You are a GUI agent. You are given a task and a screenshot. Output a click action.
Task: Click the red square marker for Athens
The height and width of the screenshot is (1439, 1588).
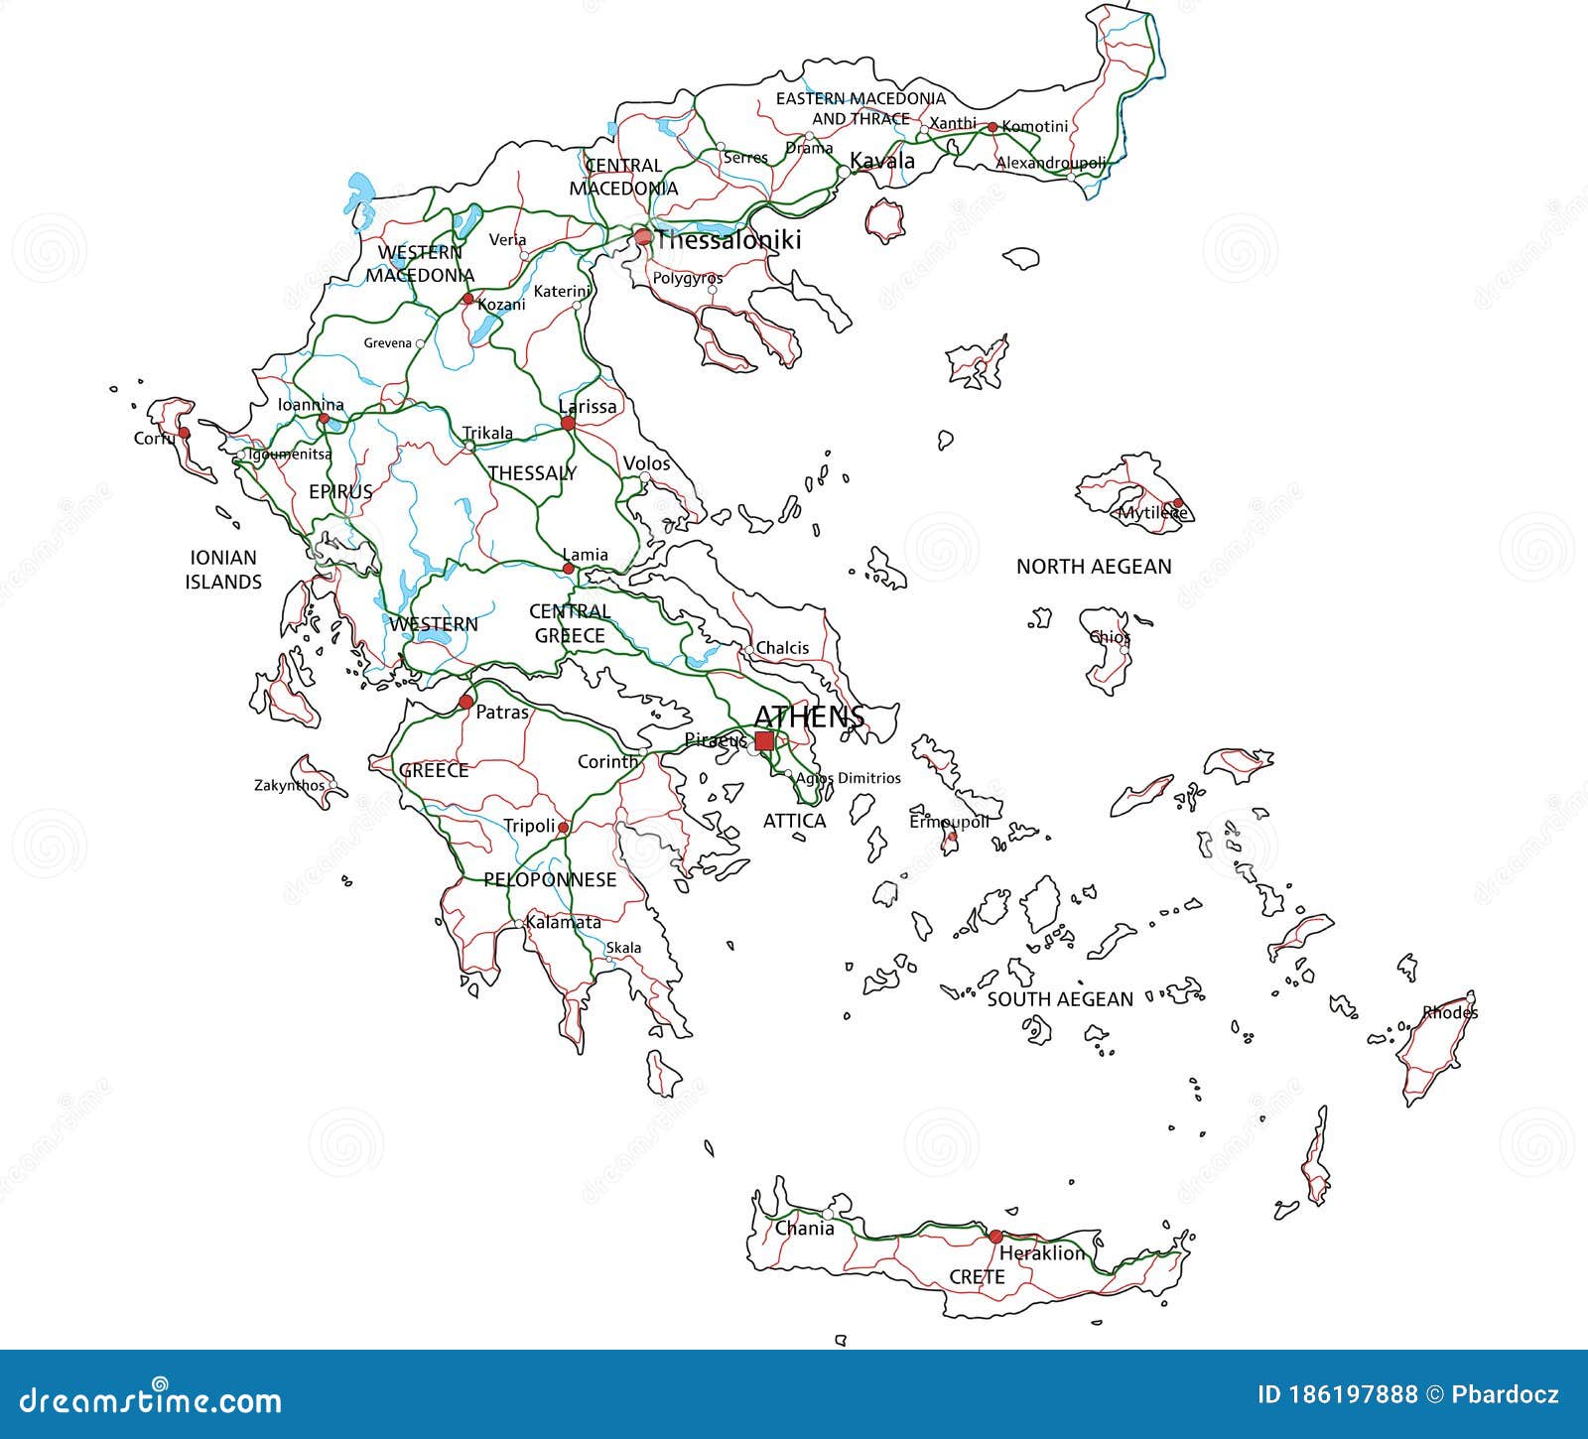[x=764, y=741]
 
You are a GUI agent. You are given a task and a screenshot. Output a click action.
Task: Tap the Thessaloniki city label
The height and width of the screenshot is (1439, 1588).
[x=728, y=240]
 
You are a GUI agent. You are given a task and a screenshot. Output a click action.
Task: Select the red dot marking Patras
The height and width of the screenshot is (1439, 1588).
[x=465, y=703]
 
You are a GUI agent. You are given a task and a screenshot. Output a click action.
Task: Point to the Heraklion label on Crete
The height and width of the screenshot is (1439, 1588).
[x=1042, y=1253]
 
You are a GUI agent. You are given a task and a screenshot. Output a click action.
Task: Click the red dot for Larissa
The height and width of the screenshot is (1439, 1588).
[x=568, y=424]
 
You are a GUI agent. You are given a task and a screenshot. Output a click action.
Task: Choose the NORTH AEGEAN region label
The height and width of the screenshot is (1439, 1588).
[x=1094, y=567]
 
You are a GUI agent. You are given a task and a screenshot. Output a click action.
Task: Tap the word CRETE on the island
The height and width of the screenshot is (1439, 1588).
[x=978, y=1277]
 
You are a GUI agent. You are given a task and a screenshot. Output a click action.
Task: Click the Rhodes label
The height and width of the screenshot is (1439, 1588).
[x=1450, y=1013]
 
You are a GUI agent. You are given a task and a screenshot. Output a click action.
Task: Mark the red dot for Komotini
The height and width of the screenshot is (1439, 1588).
[x=992, y=127]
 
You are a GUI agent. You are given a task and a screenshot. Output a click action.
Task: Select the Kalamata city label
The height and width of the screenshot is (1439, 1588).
[x=564, y=922]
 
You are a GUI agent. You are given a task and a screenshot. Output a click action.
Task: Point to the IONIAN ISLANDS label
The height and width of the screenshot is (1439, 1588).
[x=223, y=570]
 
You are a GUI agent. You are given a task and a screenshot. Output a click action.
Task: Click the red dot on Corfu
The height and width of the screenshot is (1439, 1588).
[x=184, y=433]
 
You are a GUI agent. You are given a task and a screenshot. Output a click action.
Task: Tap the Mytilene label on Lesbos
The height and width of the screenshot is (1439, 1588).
[x=1152, y=513]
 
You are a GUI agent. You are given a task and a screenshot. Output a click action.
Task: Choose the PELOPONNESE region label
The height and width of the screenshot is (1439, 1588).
[x=550, y=880]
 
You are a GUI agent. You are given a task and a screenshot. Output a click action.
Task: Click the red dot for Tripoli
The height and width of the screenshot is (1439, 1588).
[x=563, y=827]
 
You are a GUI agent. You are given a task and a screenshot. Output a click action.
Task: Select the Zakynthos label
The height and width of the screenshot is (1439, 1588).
[x=289, y=785]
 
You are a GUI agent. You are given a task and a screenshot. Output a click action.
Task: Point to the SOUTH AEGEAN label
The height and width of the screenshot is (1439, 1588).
[x=1060, y=999]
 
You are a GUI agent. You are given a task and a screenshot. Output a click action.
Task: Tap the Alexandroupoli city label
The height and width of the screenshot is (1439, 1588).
[x=1050, y=162]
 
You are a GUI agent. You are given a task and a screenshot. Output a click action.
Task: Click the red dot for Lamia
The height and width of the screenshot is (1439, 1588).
[x=569, y=569]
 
